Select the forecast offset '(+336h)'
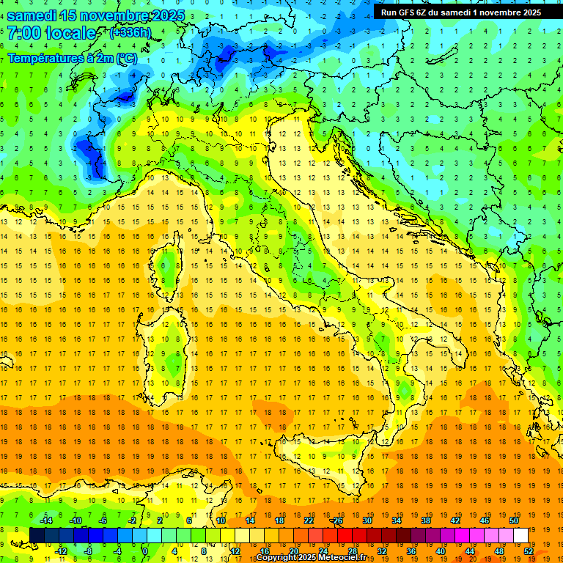pos(130,33)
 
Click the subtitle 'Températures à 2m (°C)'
pos(72,57)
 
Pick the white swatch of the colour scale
pos(520,535)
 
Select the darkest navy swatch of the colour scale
pos(37,535)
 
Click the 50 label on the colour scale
pos(514,520)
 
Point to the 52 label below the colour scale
pos(528,551)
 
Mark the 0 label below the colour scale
pos(145,551)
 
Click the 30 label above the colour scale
pos(367,520)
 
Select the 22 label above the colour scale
pos(309,520)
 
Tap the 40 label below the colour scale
pos(440,551)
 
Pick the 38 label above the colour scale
pos(425,520)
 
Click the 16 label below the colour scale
pos(264,551)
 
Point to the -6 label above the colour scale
pos(103,520)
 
